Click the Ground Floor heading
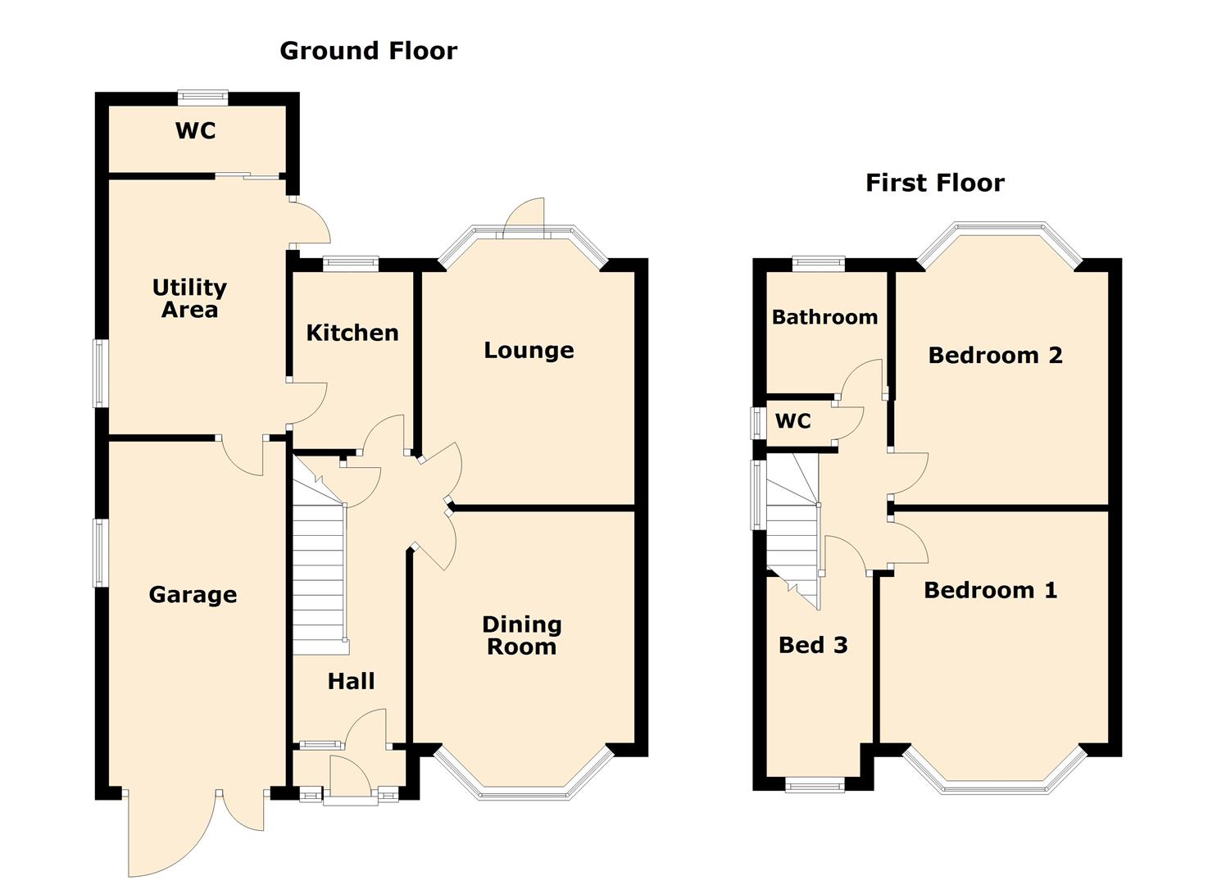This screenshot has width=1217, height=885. pos(368,51)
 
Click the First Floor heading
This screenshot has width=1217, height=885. pos(934,183)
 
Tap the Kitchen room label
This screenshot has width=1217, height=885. pos(352,333)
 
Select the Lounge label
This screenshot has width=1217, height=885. pos(529,351)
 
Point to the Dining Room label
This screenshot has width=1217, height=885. pos(521,636)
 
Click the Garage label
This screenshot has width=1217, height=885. pos(193,595)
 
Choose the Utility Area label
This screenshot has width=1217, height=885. pos(189,298)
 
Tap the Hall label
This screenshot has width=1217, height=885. pos(351,681)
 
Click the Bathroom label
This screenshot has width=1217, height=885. pos(824,317)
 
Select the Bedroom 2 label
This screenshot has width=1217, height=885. pos(996,356)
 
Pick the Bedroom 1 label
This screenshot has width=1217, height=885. pos(991,591)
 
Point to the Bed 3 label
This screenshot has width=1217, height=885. pos(813,646)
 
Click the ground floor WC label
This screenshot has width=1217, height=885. pos(196,131)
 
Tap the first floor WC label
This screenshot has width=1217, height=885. pos(793,421)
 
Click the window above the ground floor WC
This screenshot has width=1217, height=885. pos(202,98)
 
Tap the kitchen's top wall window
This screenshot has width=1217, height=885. pos(351,264)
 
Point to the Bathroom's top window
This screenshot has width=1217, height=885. pos(818,264)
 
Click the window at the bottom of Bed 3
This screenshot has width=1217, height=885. pos(815,784)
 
